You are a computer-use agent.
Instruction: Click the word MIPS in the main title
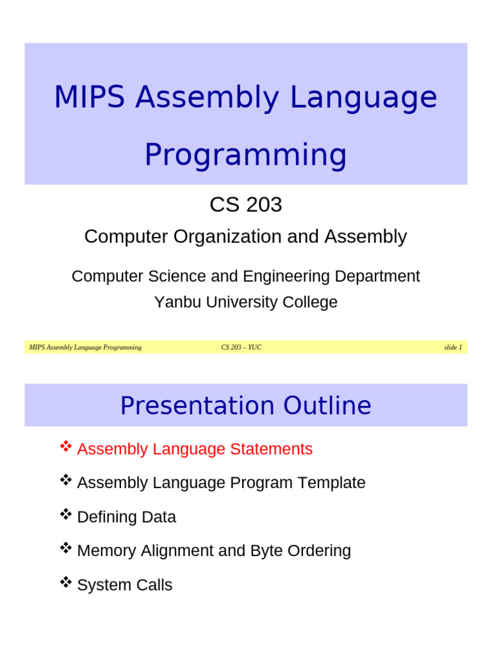[90, 98]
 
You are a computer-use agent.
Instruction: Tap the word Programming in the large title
[245, 155]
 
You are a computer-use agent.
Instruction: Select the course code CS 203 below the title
[245, 205]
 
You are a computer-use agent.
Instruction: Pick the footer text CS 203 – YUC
[242, 347]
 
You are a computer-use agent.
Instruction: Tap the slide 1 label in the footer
[452, 347]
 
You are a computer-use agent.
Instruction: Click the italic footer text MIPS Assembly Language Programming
[85, 347]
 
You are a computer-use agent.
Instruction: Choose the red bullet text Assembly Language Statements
[195, 449]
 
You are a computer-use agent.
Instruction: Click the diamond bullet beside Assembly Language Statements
[65, 447]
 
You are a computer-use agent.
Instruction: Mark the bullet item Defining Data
[126, 517]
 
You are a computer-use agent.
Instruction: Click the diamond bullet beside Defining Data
[65, 514]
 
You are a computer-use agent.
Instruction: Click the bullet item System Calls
[124, 585]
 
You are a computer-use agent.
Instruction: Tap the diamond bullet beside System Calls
[65, 582]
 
